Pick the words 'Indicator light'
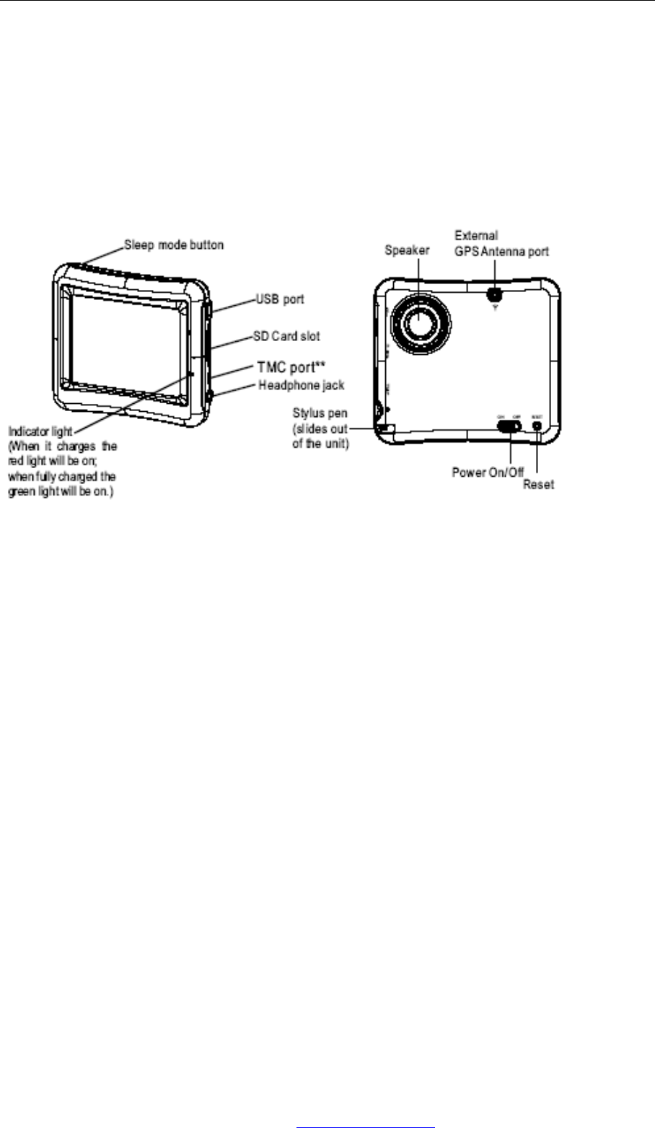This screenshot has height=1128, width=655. [40, 431]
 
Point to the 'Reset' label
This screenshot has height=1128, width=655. [538, 485]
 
